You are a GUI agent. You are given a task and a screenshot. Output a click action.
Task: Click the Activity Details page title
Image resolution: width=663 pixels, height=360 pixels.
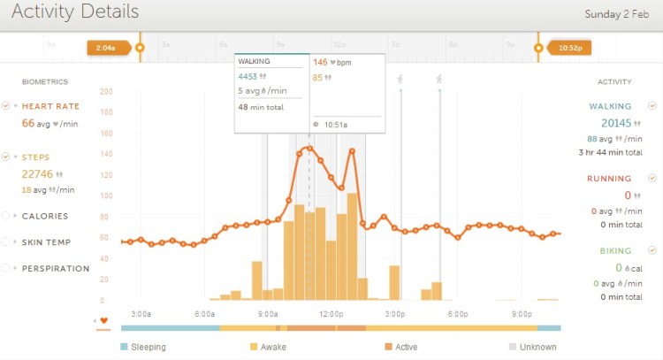click(x=75, y=12)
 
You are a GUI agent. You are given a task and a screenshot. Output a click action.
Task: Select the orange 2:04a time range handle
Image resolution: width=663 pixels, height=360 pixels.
click(x=103, y=48)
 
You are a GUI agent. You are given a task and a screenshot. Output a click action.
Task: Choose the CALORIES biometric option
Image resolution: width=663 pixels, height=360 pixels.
click(x=44, y=216)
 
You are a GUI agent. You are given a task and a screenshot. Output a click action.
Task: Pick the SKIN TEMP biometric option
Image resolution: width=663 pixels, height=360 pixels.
click(x=46, y=241)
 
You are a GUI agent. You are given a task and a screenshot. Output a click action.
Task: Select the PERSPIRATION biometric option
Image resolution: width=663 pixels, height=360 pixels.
click(x=55, y=268)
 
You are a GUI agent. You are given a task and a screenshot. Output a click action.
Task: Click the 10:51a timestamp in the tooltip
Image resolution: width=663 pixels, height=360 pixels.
click(x=335, y=125)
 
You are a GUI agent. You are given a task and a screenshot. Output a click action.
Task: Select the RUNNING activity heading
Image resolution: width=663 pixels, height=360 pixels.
click(x=609, y=179)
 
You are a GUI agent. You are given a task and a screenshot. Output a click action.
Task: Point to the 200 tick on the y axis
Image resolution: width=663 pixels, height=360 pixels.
click(x=106, y=91)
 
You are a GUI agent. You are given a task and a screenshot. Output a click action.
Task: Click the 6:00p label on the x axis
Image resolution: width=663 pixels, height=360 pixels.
click(x=458, y=314)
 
